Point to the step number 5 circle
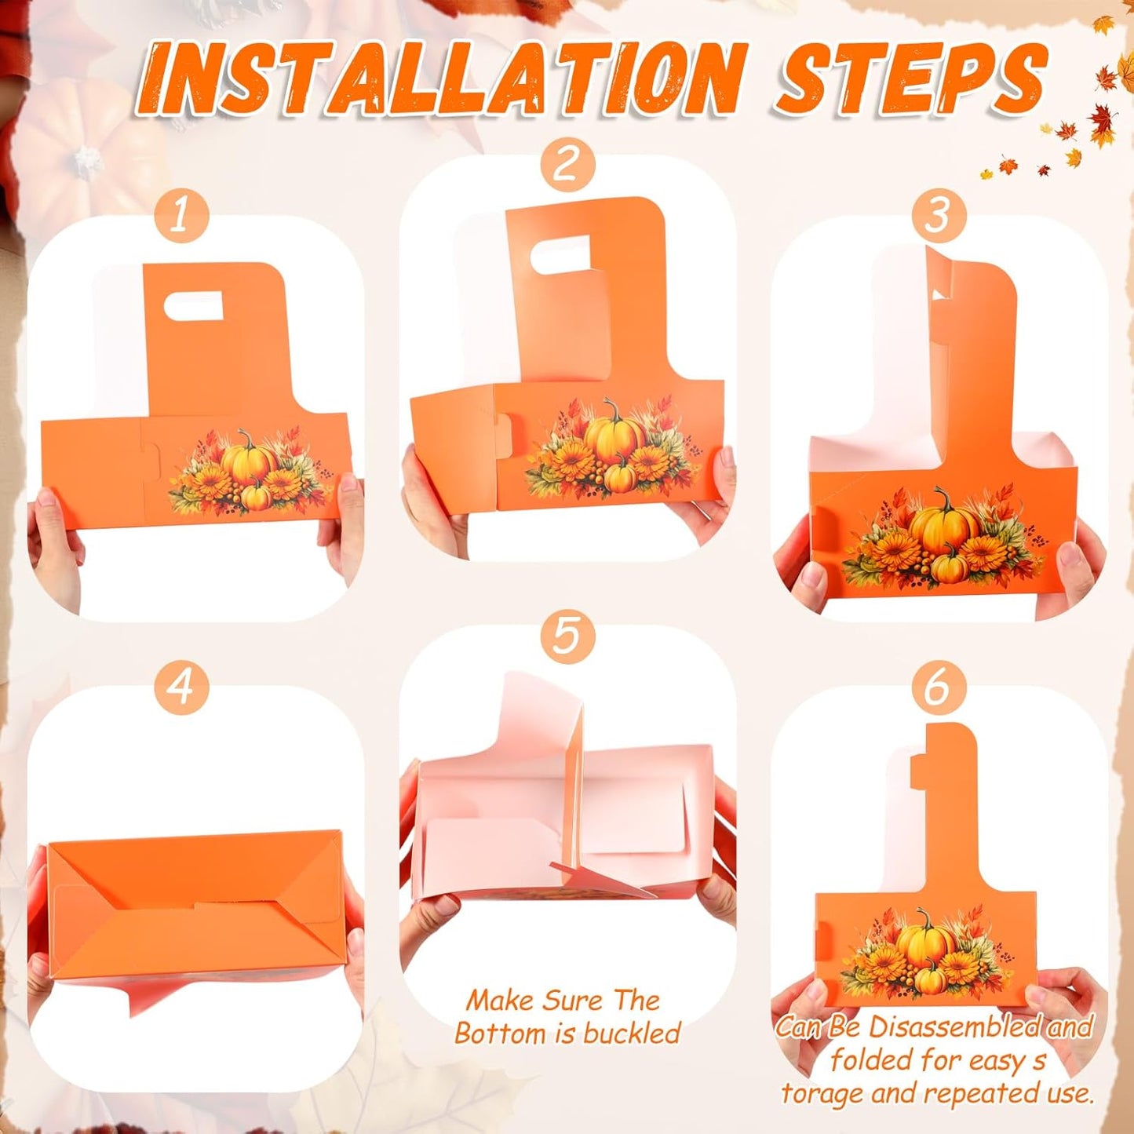[567, 636]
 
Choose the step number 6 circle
[938, 688]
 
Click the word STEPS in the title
[910, 78]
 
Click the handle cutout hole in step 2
[559, 256]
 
